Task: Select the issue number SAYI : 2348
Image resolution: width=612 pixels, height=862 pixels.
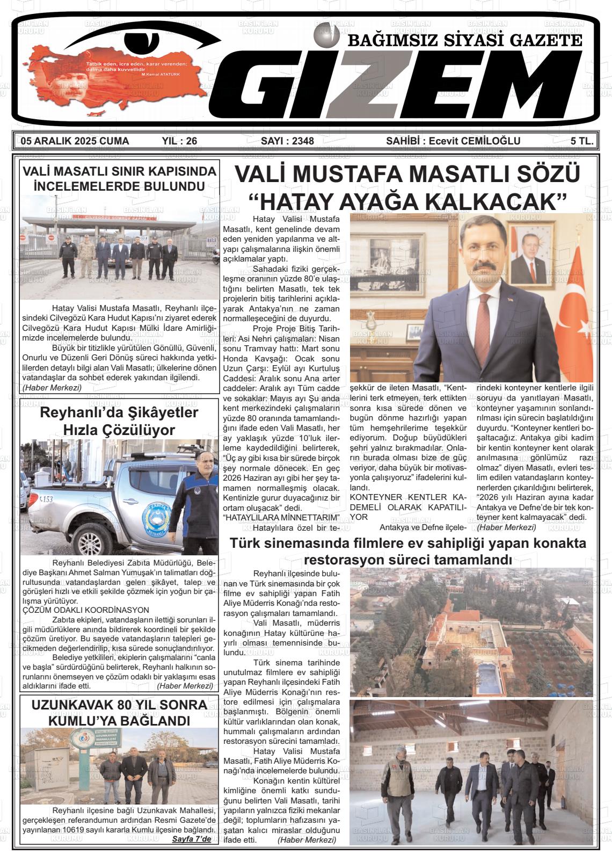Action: click(287, 141)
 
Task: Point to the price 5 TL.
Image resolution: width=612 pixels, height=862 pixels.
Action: click(582, 141)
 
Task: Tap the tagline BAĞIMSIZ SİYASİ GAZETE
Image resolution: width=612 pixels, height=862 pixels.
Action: click(465, 40)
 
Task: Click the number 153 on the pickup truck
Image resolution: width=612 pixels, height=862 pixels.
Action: click(46, 498)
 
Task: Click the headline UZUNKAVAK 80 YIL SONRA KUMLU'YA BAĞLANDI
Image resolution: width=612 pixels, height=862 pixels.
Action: click(119, 712)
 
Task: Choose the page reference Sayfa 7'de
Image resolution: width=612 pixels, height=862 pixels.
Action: click(191, 839)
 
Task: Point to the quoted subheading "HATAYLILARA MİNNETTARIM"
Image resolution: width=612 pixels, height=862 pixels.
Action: click(282, 517)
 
